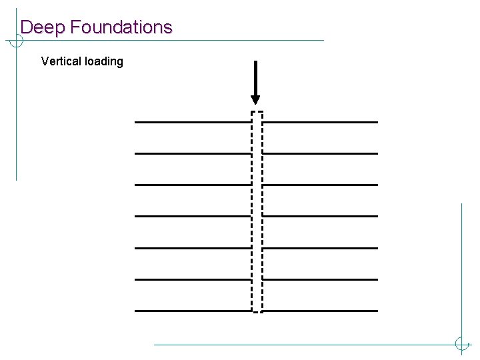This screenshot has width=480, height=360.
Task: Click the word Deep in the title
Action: click(x=43, y=28)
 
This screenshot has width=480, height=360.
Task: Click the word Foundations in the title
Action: click(x=121, y=27)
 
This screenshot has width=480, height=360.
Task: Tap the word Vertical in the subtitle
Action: click(x=62, y=61)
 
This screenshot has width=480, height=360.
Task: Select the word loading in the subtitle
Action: click(x=105, y=62)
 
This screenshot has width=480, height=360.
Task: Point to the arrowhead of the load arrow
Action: click(x=255, y=100)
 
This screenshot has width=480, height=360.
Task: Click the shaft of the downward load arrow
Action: click(x=255, y=77)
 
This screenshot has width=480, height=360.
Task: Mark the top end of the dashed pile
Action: click(x=257, y=112)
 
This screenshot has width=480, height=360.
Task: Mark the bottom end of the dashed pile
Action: click(x=257, y=311)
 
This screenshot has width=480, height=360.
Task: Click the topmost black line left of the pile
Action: click(x=193, y=122)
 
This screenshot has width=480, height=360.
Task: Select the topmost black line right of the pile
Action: click(x=321, y=122)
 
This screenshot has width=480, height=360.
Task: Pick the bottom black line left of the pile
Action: click(x=193, y=311)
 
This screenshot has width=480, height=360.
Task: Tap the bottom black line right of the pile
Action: click(x=321, y=311)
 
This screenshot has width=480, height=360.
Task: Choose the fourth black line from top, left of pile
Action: click(x=193, y=216)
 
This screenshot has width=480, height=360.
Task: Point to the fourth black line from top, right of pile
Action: click(x=321, y=216)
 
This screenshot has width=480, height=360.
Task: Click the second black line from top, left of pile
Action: click(x=193, y=153)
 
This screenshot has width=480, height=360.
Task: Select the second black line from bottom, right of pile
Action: click(x=321, y=279)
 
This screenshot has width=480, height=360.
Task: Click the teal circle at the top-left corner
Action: click(x=15, y=41)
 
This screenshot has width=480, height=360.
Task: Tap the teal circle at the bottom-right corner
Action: click(x=461, y=344)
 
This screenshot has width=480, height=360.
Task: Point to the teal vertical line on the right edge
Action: click(x=461, y=267)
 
